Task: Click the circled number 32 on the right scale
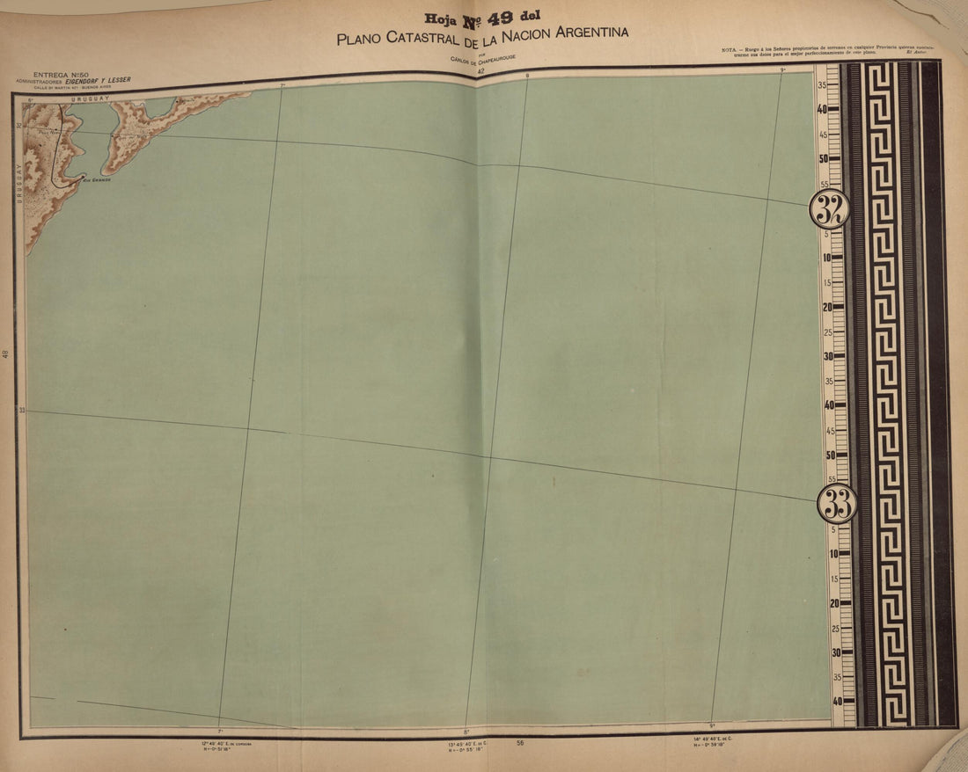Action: (x=830, y=209)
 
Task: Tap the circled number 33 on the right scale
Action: (x=837, y=504)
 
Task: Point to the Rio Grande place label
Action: (x=97, y=179)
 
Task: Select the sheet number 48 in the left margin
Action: (x=6, y=354)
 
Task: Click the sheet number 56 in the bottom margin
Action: (x=520, y=744)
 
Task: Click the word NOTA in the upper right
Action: (x=729, y=48)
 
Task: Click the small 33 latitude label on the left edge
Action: (x=21, y=410)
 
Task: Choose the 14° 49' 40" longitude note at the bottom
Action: (x=720, y=739)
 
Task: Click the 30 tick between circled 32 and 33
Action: (x=826, y=356)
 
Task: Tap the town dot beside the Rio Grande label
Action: (x=83, y=178)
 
